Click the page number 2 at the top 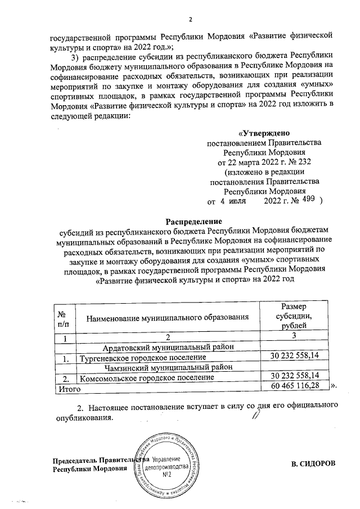click(190, 21)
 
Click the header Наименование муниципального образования click(167, 318)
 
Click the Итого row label click(64, 387)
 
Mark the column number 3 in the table click(294, 337)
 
